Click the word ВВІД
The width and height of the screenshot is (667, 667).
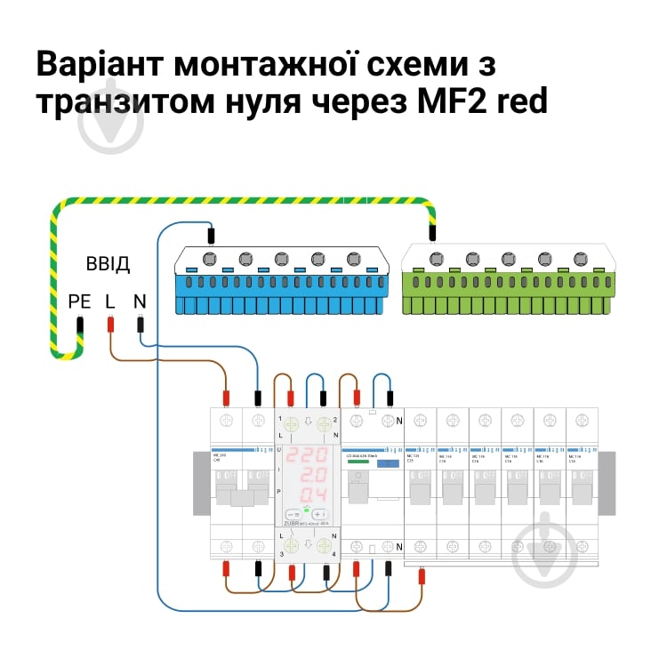pos(108,264)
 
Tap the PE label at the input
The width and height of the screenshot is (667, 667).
pos(80,301)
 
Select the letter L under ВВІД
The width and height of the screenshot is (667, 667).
pos(110,301)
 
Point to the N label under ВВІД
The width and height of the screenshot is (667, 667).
pos(140,301)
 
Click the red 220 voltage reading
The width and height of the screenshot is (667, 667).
pos(307,454)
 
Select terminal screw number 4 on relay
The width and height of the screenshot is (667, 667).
pos(324,545)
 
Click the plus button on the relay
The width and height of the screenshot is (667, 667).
pos(320,514)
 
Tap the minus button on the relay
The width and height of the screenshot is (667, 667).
pos(293,514)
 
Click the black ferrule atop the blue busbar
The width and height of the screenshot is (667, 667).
pos(211,237)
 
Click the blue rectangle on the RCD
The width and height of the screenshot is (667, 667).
pos(386,463)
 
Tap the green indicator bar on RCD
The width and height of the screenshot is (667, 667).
pos(358,462)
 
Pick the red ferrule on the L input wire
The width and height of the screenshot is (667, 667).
pos(110,325)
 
